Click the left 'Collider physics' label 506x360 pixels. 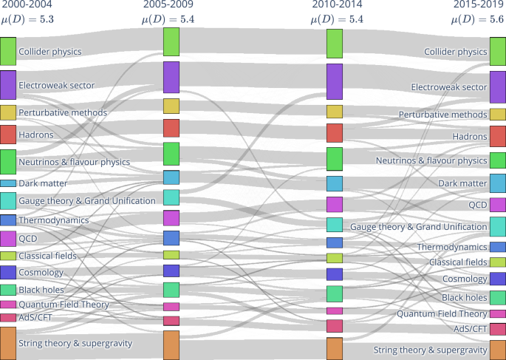click(49, 52)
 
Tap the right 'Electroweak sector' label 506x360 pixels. click(448, 87)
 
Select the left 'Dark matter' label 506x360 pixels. click(43, 183)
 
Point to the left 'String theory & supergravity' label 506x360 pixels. click(75, 343)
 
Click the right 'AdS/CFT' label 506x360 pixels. click(470, 329)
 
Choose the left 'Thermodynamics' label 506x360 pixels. click(53, 220)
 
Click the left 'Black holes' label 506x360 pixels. click(41, 290)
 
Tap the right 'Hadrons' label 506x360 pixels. click(470, 137)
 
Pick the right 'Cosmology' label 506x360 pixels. click(464, 279)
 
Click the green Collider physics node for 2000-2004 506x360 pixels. click(7, 50)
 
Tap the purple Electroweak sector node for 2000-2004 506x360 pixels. click(7, 84)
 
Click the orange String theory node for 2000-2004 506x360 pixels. click(7, 343)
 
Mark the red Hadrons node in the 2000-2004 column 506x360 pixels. click(7, 134)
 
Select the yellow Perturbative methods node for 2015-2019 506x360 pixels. click(498, 115)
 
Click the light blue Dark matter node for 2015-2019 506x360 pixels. click(498, 183)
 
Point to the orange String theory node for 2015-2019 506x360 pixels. click(498, 349)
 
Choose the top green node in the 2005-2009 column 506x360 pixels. click(171, 41)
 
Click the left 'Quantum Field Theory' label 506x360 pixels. click(64, 305)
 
